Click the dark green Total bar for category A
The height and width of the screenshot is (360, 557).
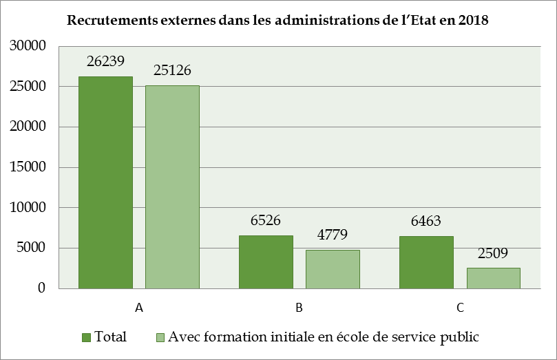[x=105, y=182]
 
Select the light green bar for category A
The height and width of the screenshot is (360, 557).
[x=172, y=187]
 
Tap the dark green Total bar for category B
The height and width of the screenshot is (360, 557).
[x=266, y=262]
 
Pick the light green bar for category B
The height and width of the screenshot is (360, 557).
[x=333, y=268]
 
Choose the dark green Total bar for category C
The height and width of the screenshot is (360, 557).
[x=426, y=262]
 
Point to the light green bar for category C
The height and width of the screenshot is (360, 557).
[x=493, y=277]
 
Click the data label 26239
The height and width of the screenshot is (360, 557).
[x=105, y=61]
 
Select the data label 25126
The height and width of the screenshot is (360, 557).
[x=172, y=70]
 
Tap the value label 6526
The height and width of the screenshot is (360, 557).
[x=266, y=221]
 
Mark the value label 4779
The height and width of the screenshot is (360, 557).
[x=333, y=235]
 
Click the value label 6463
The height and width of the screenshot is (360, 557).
[x=426, y=222]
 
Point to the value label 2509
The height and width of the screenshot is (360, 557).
[x=493, y=253]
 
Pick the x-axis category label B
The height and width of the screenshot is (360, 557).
[x=299, y=308]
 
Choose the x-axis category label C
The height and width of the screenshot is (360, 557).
[x=459, y=308]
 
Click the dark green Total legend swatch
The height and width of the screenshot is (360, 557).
[x=87, y=337]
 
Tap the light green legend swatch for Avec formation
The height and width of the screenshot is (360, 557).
[x=160, y=337]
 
